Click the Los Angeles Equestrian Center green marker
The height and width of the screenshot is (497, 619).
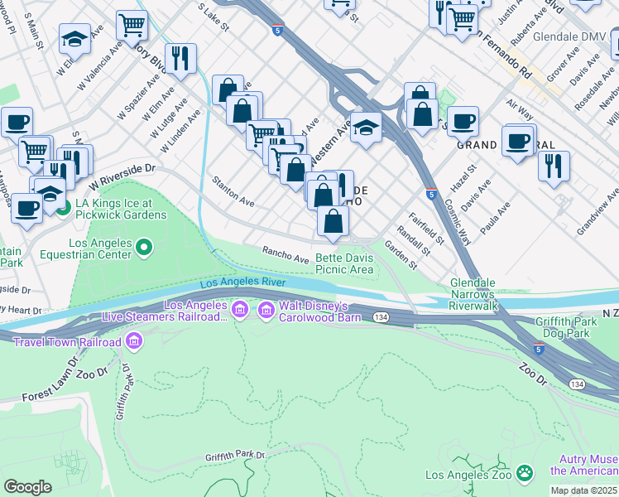point(144,247)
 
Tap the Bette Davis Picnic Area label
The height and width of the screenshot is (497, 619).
point(344,263)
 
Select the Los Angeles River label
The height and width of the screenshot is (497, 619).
point(242,283)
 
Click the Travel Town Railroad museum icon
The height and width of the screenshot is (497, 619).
point(134,340)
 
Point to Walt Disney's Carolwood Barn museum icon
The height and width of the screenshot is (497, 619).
point(266,311)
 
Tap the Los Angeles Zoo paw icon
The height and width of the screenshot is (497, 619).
point(524,473)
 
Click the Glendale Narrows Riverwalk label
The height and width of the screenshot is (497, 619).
point(473,294)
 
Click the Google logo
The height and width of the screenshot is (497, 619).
point(27,486)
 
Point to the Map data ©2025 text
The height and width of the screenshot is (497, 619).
point(584,490)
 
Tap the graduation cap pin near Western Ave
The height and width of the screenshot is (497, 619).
point(366,128)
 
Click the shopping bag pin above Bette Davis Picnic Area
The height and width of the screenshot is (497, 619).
point(333,222)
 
